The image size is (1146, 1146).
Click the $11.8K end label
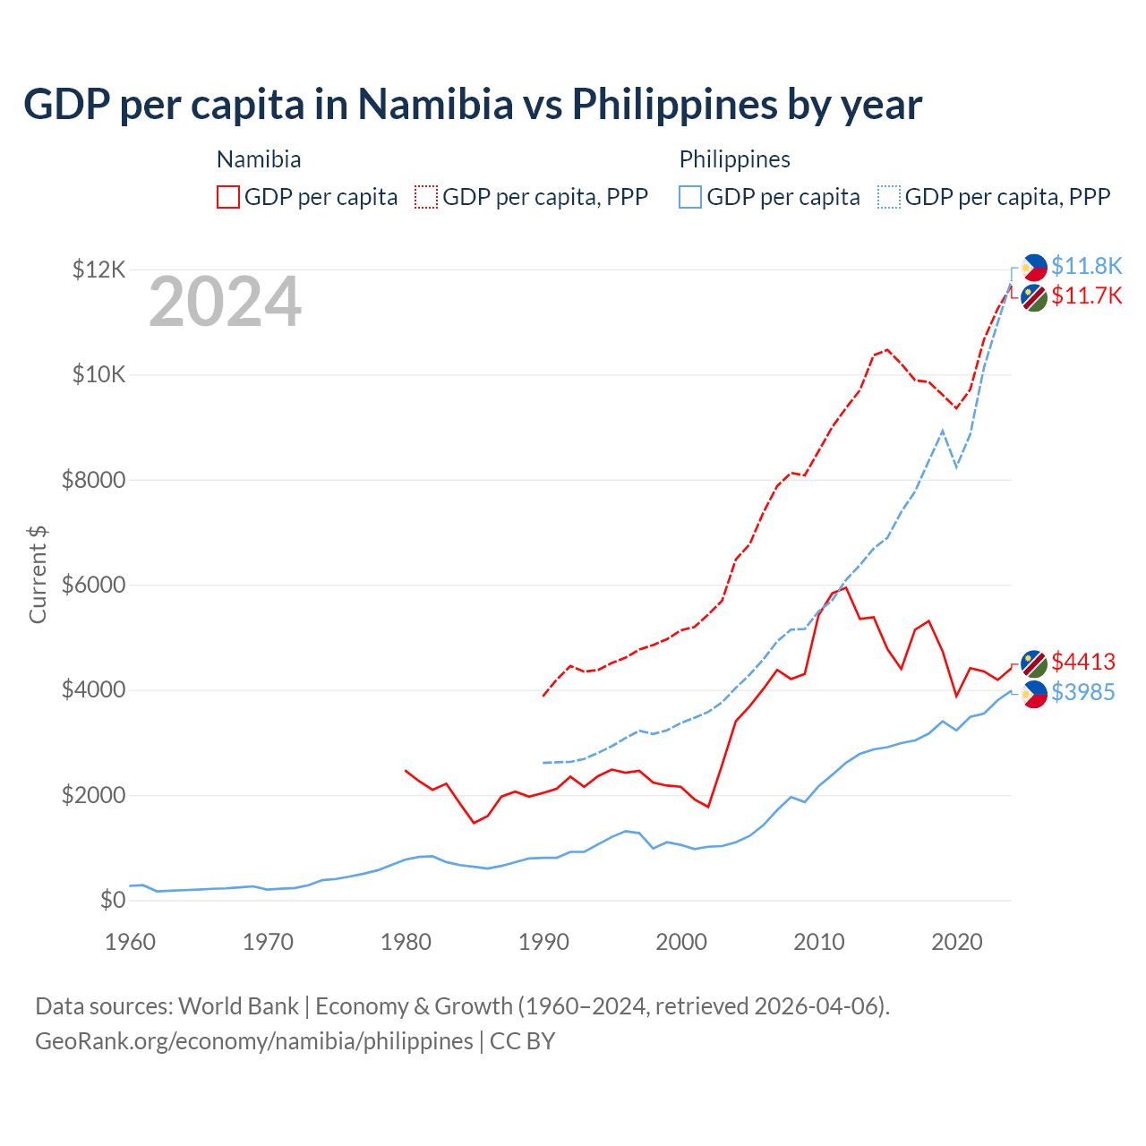coord(1086,266)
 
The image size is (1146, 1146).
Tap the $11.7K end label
coord(1086,295)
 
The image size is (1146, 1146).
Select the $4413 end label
coord(1083,662)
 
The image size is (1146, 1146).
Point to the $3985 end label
coord(1083,692)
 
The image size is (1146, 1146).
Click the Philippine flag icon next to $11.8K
coord(1034,267)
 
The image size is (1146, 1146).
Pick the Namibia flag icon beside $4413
coord(1034,663)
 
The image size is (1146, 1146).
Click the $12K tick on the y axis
coord(98,269)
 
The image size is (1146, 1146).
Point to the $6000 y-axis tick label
coord(93,585)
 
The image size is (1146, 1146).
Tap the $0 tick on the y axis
coord(112,900)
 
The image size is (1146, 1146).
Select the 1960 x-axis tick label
coord(131,942)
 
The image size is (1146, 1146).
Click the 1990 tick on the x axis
coord(543,942)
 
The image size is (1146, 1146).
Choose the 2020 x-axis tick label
coord(957,942)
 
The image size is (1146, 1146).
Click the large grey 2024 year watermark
coord(225,303)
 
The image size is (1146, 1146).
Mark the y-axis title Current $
coord(38,575)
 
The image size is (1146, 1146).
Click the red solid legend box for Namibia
coord(228,197)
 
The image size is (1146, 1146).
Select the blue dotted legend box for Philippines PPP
coord(889,197)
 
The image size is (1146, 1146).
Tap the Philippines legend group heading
coord(734,159)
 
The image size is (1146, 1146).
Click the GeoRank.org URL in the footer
coord(253,1041)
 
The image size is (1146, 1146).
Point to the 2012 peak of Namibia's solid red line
coord(846,587)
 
